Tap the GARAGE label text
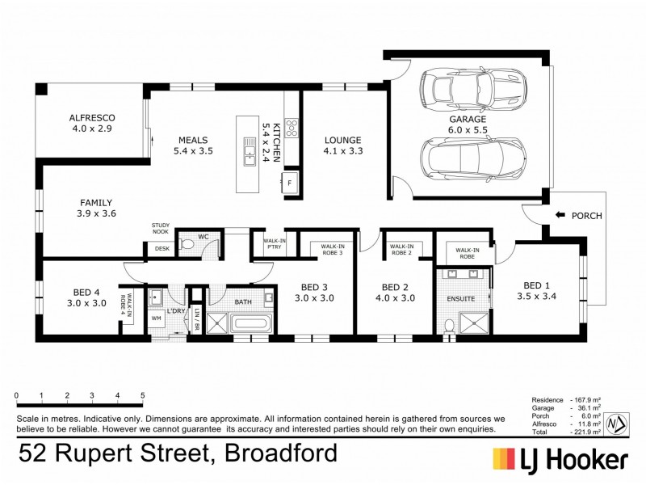468,119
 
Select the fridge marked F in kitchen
290,183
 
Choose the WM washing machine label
157,318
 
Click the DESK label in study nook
162,250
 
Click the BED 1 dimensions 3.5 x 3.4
539,297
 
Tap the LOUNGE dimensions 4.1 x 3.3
343,150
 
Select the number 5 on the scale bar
143,395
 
